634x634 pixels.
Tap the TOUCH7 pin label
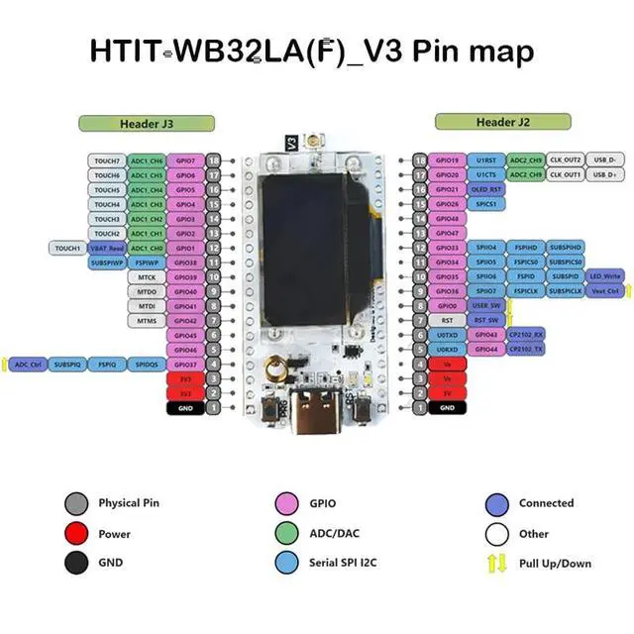pos(106,160)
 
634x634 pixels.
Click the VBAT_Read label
pos(105,248)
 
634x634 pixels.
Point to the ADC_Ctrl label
pos(27,365)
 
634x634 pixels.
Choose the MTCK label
pos(147,277)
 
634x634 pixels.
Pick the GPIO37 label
pos(184,365)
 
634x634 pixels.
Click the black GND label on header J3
pos(184,408)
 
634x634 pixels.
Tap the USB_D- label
pos(603,159)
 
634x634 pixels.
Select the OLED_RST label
pos(486,189)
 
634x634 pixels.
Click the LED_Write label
pos(604,276)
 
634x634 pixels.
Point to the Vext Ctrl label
pos(604,291)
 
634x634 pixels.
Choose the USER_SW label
pos(486,306)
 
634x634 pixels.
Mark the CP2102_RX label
pos(525,335)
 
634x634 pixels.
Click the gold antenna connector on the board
pos(282,370)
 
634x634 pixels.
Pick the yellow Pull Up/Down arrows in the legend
pos(498,564)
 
